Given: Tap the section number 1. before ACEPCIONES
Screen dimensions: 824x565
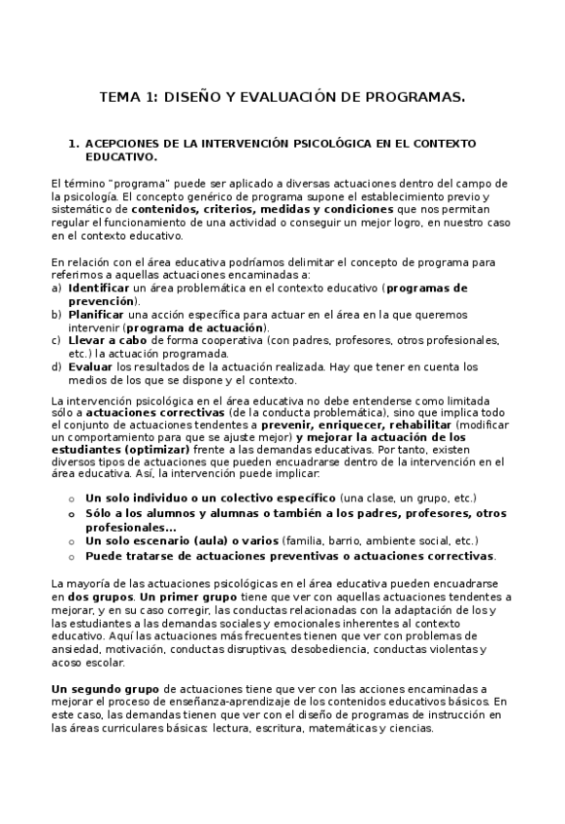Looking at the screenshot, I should [x=73, y=143].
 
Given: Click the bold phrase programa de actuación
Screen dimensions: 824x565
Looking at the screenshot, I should [x=181, y=327].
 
